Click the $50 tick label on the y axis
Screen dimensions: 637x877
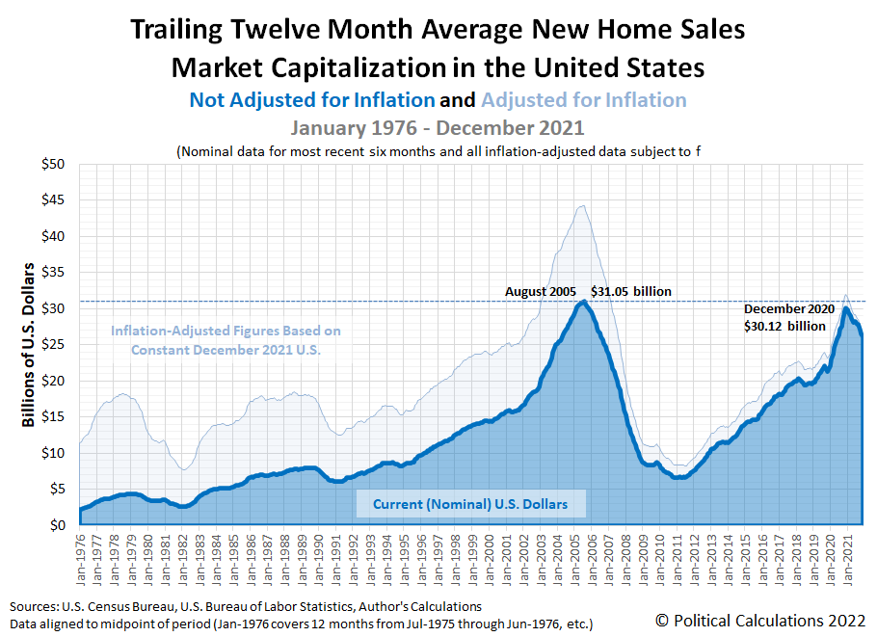click(x=52, y=164)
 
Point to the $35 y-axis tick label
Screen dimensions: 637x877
click(x=52, y=273)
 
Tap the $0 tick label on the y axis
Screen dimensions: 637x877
click(x=58, y=525)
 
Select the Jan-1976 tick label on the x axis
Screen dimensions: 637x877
click(x=82, y=558)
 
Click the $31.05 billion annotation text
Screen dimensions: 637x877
click(x=631, y=291)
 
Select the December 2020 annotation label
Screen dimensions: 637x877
click(x=785, y=309)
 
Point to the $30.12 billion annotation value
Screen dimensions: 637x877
click(x=785, y=326)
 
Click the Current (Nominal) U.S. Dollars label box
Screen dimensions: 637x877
click(x=471, y=503)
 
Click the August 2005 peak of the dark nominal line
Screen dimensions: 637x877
click(x=582, y=302)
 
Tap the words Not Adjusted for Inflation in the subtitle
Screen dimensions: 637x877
click(x=312, y=100)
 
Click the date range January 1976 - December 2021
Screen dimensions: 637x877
click(x=438, y=127)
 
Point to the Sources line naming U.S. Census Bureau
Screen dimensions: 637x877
click(x=246, y=607)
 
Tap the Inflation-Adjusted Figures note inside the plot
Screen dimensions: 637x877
click(x=226, y=340)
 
